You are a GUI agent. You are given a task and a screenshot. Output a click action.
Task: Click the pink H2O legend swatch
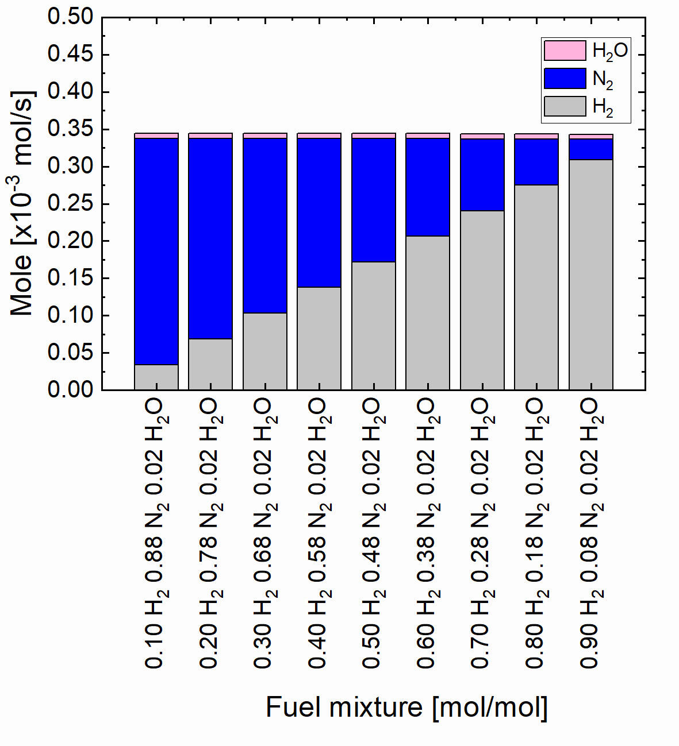(x=565, y=51)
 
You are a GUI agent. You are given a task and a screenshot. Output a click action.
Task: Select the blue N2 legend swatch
(x=565, y=78)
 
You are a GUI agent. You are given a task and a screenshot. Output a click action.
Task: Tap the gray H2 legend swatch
(x=565, y=106)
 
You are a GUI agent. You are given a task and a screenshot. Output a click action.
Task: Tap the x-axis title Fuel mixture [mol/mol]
(x=406, y=707)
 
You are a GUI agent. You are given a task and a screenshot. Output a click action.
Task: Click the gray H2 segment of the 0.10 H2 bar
(x=156, y=377)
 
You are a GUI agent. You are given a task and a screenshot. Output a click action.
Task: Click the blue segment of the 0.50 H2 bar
(x=374, y=200)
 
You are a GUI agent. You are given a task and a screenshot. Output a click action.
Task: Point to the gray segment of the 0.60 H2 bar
(x=428, y=312)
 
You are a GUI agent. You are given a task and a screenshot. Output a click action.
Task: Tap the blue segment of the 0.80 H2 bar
(x=536, y=162)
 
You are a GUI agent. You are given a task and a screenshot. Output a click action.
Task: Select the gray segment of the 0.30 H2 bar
(x=265, y=351)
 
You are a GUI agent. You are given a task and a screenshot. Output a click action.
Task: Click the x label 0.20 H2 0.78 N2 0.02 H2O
(x=209, y=534)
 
